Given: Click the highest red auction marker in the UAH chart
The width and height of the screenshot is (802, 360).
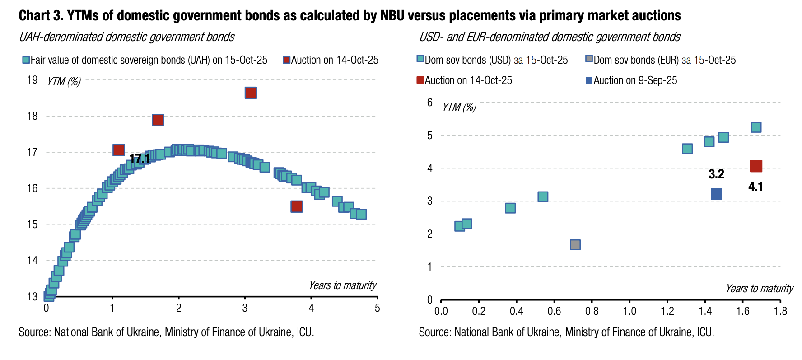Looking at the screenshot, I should (x=251, y=93).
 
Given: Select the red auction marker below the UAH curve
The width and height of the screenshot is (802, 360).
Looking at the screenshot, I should (x=296, y=206).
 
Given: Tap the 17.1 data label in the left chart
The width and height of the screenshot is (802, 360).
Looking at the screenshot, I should (x=140, y=159).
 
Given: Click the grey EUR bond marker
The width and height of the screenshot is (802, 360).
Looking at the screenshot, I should (x=575, y=244).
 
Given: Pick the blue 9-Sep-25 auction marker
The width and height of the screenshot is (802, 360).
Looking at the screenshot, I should (x=716, y=194).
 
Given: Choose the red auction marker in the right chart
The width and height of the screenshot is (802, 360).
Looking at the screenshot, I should (x=756, y=166).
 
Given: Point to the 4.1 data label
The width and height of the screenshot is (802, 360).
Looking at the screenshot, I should (x=755, y=187).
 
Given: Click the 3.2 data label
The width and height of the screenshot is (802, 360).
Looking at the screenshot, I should (x=716, y=174).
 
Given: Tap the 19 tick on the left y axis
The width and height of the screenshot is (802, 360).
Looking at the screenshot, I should (x=32, y=80).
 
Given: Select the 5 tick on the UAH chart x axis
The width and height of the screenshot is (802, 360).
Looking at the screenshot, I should (x=377, y=308).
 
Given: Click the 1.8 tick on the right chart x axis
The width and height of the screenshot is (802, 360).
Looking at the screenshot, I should (x=780, y=311).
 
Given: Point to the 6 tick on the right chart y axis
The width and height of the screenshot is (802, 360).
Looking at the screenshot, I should (x=430, y=103).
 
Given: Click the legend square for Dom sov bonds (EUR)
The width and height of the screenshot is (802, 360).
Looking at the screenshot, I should (x=588, y=59).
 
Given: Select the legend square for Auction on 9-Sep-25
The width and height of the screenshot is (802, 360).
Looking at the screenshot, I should (x=588, y=80).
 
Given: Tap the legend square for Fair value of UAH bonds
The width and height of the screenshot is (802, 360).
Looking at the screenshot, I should (x=26, y=60).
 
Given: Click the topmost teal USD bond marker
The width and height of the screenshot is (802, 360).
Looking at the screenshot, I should (x=756, y=127).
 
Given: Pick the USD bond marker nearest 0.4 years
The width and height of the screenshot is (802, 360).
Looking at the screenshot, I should (x=510, y=208).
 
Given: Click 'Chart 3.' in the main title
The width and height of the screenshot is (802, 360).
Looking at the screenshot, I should (x=40, y=16).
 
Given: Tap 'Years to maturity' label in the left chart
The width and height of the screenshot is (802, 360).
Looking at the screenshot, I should (x=342, y=285).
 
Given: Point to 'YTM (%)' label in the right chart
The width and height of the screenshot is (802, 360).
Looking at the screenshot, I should (x=459, y=107).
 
